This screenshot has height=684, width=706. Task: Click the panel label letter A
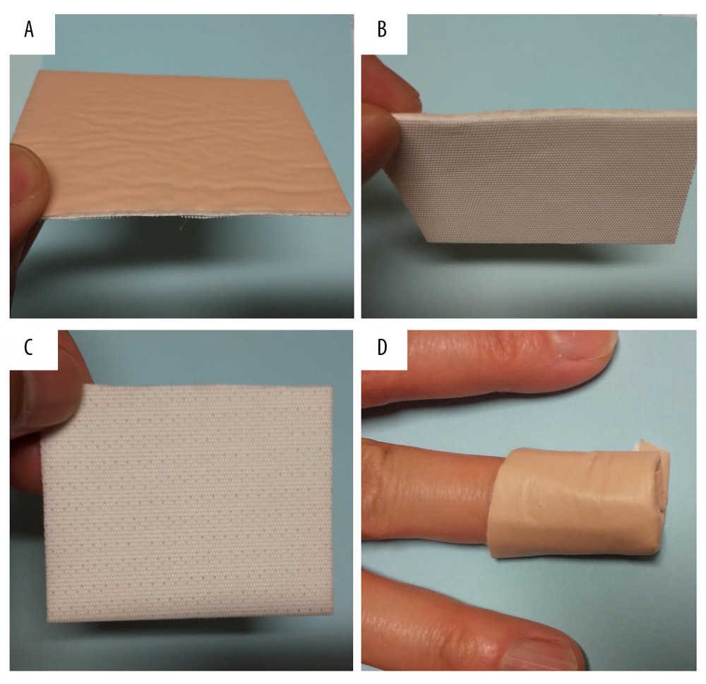click(29, 30)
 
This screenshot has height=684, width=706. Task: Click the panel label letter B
click(382, 30)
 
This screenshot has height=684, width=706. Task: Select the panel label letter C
click(28, 347)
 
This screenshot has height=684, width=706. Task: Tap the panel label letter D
click(382, 347)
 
